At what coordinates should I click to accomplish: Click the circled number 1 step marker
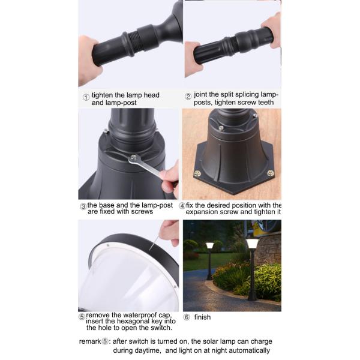pos(86,96)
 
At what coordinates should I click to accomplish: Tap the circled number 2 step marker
pos(188,96)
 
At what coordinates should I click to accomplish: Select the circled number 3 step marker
pos(83,206)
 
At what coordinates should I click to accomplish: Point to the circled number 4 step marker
pos(182,206)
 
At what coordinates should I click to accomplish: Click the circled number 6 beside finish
pos(187,317)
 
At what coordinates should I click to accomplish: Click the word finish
pos(202,317)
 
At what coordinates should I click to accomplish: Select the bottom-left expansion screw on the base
pos(197,174)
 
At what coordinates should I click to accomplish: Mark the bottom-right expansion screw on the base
pos(271,173)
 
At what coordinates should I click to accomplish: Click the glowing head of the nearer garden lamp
pos(252,244)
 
